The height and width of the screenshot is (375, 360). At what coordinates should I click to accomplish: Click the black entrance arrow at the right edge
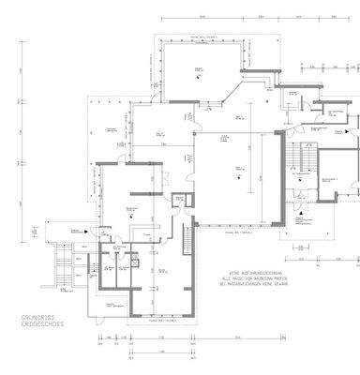click(352, 140)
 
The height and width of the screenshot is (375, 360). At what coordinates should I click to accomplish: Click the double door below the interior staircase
click(302, 199)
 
